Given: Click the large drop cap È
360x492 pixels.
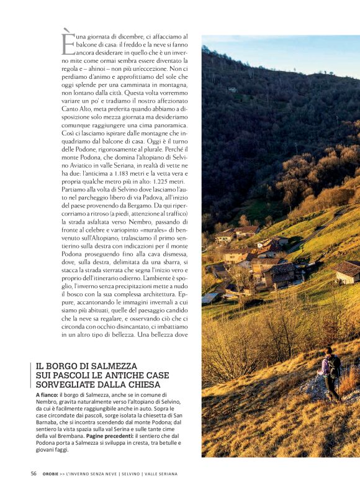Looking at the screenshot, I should (68, 42).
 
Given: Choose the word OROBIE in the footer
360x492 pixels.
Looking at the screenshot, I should (51, 474).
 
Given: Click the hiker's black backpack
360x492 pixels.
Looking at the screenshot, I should (335, 366).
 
